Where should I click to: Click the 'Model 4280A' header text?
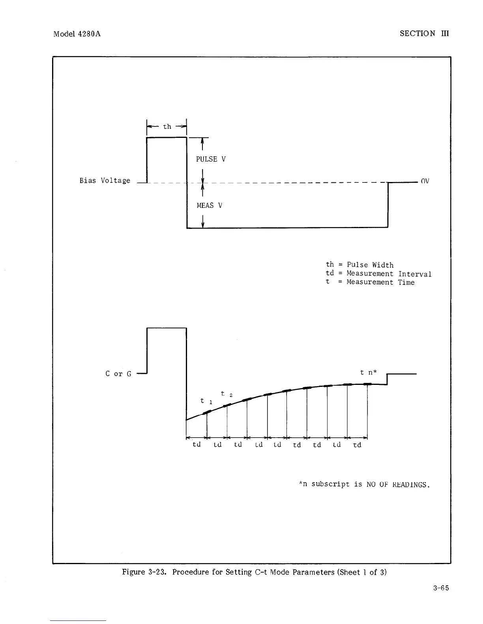pos(77,34)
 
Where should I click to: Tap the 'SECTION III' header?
pos(424,33)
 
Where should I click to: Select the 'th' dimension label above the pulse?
pos(167,126)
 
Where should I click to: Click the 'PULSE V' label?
pos(211,159)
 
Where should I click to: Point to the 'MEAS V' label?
pos(209,206)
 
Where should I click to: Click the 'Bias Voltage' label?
pos(105,181)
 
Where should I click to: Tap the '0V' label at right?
pos(425,181)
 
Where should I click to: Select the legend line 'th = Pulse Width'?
pos(359,265)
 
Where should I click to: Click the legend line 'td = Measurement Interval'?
pos(378,273)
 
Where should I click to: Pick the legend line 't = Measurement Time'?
pos(370,282)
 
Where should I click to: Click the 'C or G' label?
pos(118,374)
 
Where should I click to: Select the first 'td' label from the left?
pos(196,444)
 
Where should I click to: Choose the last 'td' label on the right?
pos(357,445)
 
